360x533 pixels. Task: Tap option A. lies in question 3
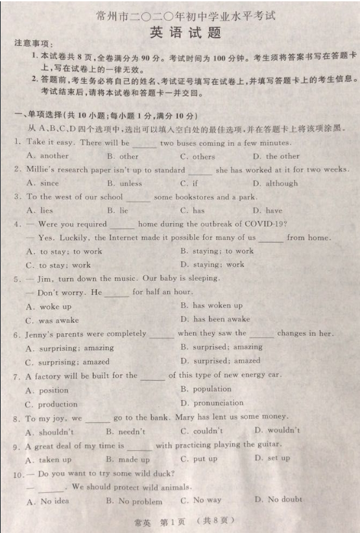[40, 211]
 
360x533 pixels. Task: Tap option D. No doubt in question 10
[278, 499]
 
